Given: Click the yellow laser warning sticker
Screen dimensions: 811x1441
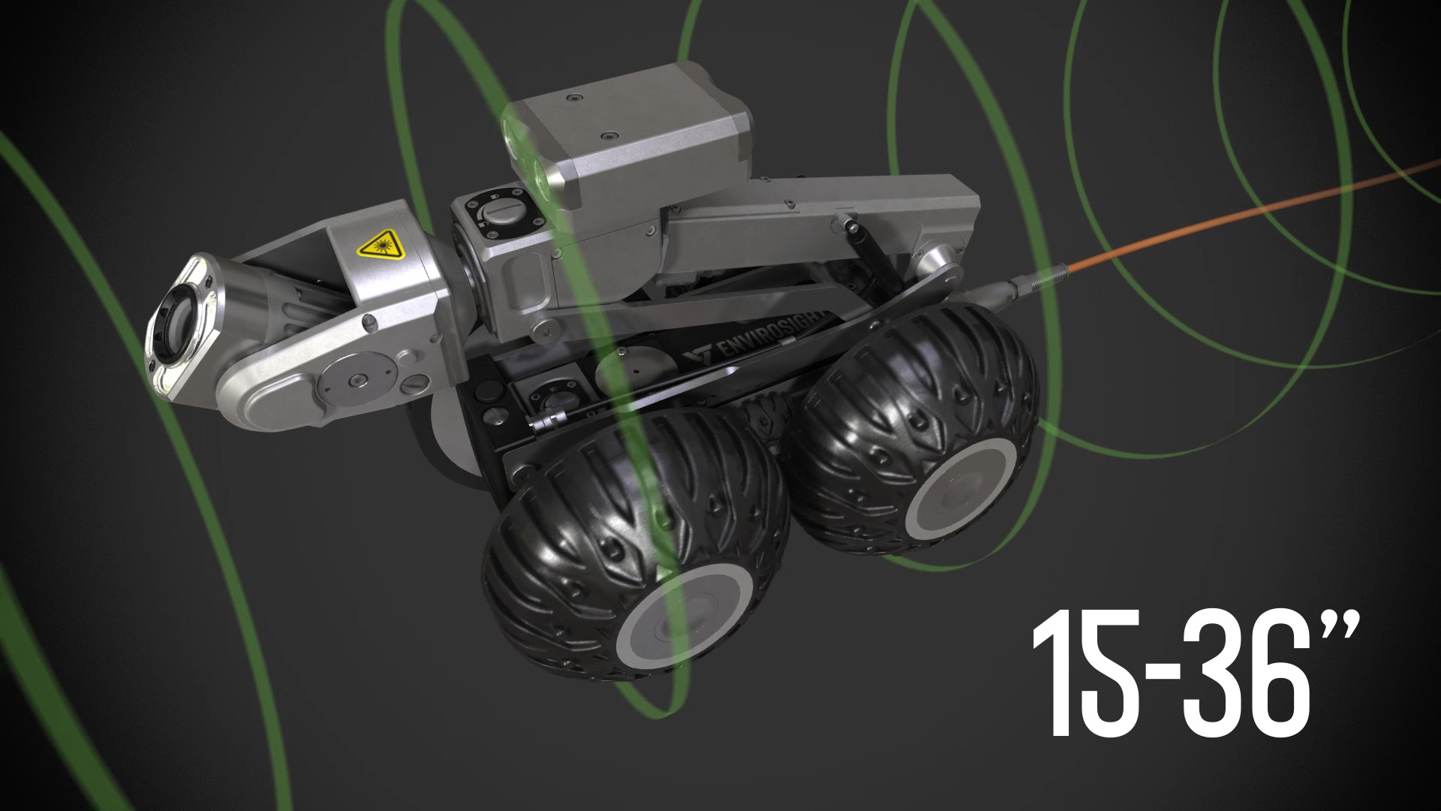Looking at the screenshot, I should (380, 243).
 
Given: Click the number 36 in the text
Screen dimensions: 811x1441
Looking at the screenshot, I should (1246, 672).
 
